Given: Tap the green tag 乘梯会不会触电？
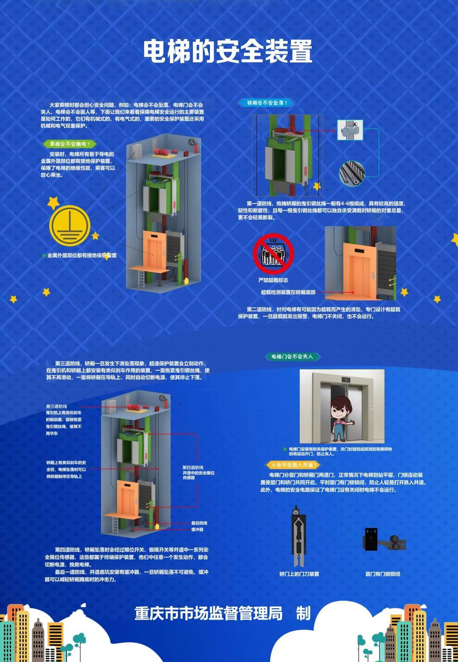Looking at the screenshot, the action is click(x=70, y=144).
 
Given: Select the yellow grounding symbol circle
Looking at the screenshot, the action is click(x=70, y=226).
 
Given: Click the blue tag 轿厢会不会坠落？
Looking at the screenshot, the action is click(x=267, y=103).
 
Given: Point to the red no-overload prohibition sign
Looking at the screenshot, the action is click(x=274, y=254).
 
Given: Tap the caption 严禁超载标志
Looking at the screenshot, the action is click(x=274, y=280).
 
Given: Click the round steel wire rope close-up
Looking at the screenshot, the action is click(x=352, y=173).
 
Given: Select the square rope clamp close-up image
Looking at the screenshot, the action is click(x=350, y=130).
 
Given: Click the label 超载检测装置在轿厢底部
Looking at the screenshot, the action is click(x=288, y=292).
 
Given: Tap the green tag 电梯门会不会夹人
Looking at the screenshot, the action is click(x=292, y=356).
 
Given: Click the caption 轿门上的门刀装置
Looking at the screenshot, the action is click(x=299, y=574).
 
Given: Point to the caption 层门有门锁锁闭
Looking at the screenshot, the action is click(x=383, y=574).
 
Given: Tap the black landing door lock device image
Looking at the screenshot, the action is click(x=384, y=540).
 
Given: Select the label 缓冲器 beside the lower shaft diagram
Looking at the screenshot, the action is click(x=197, y=529).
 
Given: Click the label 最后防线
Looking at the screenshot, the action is click(x=199, y=523).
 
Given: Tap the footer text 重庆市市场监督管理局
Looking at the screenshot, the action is click(x=208, y=614).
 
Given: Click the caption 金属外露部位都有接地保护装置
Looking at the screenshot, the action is click(x=82, y=255).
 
